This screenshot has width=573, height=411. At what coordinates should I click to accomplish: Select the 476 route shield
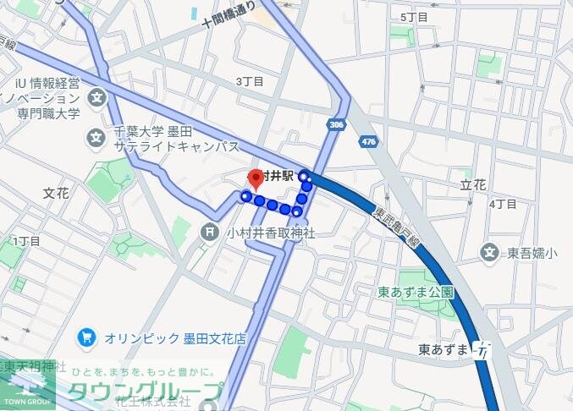tap(367, 142)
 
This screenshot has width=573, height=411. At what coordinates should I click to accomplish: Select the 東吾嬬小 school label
tap(532, 252)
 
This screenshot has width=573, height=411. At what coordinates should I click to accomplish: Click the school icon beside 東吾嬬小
tap(489, 251)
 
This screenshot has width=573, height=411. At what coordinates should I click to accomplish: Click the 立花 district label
tap(474, 184)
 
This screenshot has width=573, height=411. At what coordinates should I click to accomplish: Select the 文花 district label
tap(56, 193)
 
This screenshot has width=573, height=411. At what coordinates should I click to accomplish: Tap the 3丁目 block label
tap(250, 81)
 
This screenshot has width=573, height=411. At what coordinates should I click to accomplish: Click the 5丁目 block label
tap(414, 17)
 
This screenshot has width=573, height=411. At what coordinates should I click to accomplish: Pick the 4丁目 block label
tap(502, 204)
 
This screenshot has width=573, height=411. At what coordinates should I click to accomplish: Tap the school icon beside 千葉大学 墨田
tap(96, 136)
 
